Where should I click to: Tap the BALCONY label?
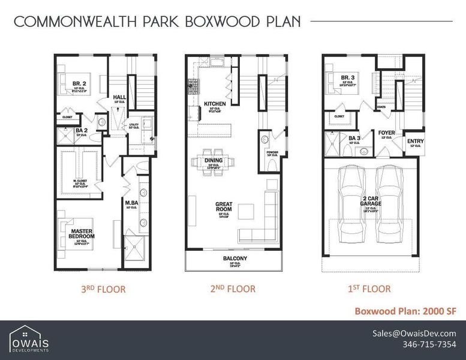pos(233,259)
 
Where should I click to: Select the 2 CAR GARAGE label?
pos(371,200)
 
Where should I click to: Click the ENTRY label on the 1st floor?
pos(415,142)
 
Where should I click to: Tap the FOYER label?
pos(386,133)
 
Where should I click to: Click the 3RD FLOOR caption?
pos(103,289)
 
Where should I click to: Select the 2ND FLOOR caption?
pos(233,289)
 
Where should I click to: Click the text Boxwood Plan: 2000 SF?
pos(405,311)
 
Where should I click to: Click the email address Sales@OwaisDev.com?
pos(414,334)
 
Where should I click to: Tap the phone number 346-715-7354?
pos(429,344)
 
